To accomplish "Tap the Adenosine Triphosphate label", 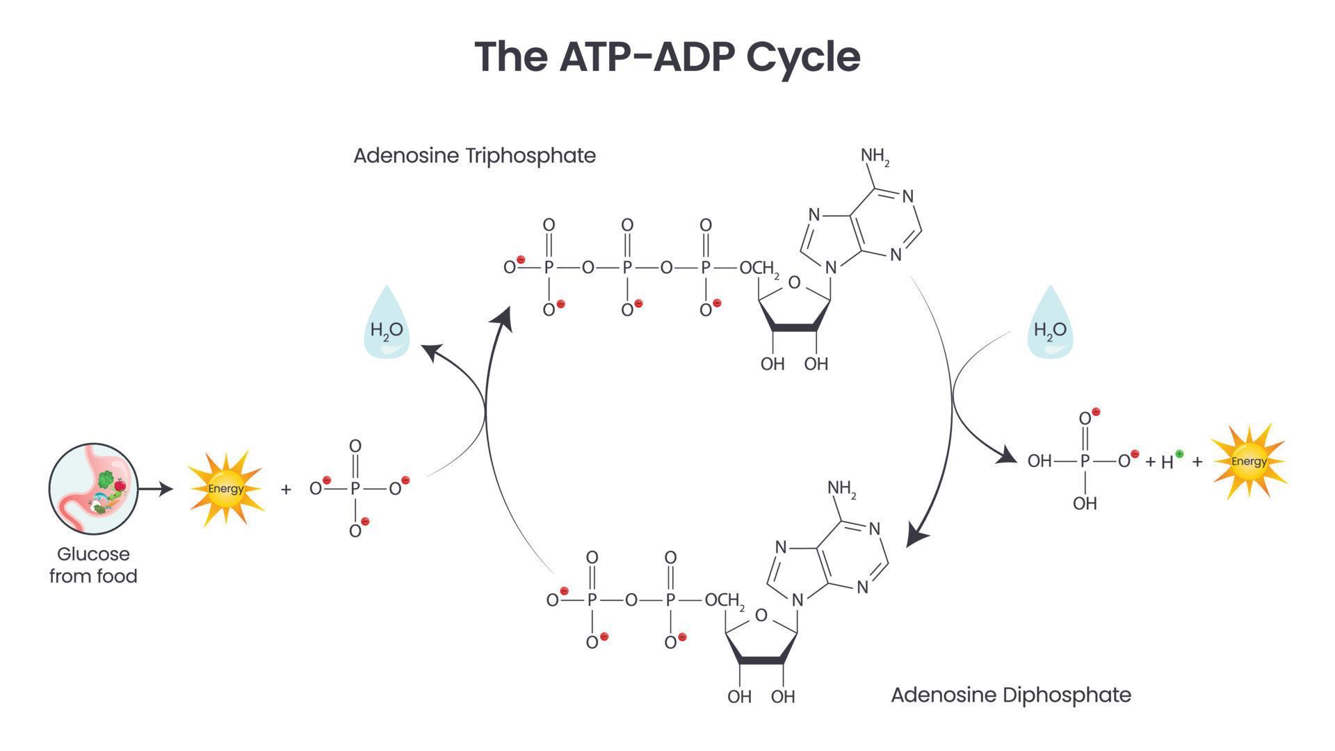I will [x=474, y=155].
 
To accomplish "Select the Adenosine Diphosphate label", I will [x=1011, y=695].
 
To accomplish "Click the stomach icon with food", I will [x=94, y=489].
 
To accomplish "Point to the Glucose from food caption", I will [x=93, y=565].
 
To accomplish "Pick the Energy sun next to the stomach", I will [x=225, y=488].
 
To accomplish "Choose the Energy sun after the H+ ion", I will [x=1249, y=461].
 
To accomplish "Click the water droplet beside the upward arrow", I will [x=387, y=324].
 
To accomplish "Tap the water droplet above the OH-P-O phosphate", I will [x=1050, y=324].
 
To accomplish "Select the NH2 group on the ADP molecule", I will [x=841, y=489].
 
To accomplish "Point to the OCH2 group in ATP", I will [x=759, y=268].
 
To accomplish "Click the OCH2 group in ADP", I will [x=725, y=601].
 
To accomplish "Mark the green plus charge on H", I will [x=1179, y=454].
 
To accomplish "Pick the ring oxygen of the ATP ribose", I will [x=795, y=282].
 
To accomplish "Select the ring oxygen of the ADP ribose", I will [x=761, y=615].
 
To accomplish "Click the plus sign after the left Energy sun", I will [x=286, y=490].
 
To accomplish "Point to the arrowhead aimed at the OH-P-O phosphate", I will [x=1005, y=456].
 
